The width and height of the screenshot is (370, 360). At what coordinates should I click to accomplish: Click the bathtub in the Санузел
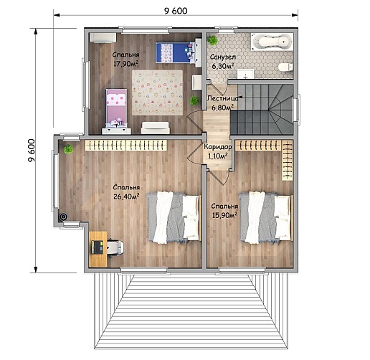[x=272, y=42]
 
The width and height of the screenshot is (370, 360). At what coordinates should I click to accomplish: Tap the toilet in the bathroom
[x=285, y=67]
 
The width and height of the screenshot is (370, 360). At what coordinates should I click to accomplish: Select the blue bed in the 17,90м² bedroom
[x=176, y=52]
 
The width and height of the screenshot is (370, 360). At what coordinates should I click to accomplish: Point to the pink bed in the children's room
[x=116, y=109]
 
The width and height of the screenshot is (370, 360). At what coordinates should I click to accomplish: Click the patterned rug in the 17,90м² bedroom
[x=157, y=93]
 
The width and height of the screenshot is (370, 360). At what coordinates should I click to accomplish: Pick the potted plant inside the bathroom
[x=212, y=40]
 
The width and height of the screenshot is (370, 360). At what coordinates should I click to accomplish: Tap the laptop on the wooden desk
[x=98, y=247]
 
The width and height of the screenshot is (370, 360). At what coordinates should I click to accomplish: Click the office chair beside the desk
[x=115, y=247]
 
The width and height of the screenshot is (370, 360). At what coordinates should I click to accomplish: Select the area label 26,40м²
[x=126, y=196]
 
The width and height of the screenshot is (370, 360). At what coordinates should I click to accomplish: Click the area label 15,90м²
[x=224, y=215]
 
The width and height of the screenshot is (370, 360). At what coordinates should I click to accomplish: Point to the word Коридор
[x=218, y=147]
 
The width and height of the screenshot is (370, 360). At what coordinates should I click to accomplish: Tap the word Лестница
[x=222, y=98]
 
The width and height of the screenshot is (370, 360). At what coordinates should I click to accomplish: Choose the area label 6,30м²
[x=223, y=66]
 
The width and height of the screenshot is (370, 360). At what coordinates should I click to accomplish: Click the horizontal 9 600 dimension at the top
[x=176, y=11]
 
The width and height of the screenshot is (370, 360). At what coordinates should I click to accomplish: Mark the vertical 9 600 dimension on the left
[x=32, y=151]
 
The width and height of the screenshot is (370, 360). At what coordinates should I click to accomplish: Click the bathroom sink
[x=245, y=74]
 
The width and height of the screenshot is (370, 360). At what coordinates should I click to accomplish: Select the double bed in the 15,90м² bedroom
[x=266, y=217]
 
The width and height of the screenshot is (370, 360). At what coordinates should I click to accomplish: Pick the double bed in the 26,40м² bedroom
[x=174, y=217]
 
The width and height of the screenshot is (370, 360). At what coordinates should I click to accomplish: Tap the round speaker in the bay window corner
[x=64, y=217]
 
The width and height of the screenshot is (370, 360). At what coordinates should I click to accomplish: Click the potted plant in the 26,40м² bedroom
[x=68, y=149]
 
